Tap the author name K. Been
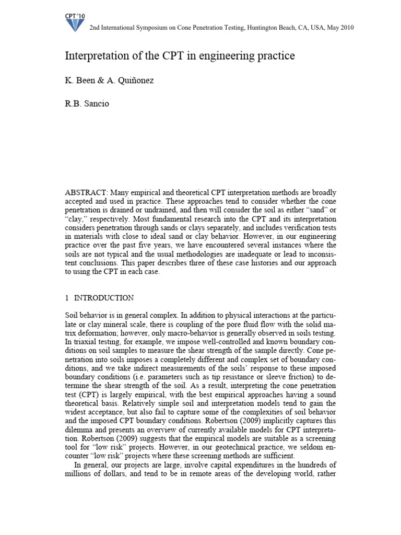79,81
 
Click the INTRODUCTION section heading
104,298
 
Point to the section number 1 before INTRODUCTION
67,298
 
